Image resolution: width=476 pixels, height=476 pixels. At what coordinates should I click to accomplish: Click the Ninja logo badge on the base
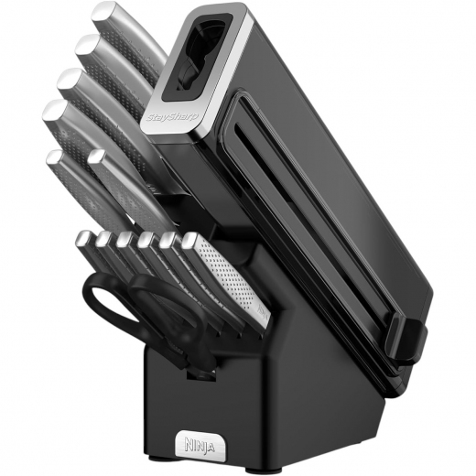[200, 445]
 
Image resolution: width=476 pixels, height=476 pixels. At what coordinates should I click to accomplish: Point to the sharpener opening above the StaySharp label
[199, 54]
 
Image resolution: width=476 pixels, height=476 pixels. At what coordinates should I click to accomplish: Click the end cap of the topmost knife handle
[104, 13]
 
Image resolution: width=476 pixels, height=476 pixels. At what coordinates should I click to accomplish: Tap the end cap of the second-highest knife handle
[88, 46]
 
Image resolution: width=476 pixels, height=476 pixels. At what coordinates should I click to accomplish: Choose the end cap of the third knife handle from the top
[70, 79]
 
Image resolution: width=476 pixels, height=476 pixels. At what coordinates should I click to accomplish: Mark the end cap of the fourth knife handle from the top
[56, 112]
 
